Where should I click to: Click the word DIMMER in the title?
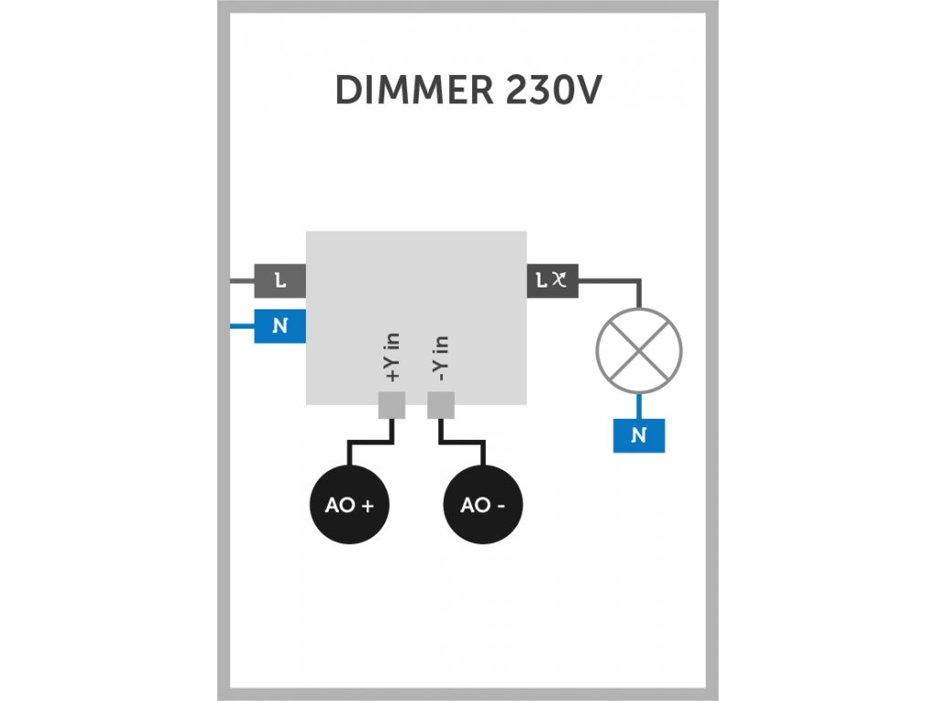pos(415,90)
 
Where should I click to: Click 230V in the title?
pos(553,90)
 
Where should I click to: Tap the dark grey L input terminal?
pos(279,280)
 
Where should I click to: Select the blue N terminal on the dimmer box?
pos(279,326)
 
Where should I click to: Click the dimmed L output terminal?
pos(552,280)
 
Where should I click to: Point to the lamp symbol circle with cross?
pos(638,350)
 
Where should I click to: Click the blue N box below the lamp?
pos(638,435)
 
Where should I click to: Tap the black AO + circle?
pos(350,504)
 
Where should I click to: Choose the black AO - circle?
pos(483,504)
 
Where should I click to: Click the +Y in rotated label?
pos(392,357)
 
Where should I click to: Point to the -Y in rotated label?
pos(440,358)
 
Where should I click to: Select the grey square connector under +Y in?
pos(392,405)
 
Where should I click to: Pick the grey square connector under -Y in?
pos(441,405)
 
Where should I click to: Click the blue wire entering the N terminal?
pos(242,326)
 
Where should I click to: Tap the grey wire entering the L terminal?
pos(242,280)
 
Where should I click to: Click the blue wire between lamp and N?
pos(638,406)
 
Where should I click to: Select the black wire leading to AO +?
pos(371,443)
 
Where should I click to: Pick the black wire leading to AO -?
pos(461,443)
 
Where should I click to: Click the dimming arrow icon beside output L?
pos(560,278)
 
